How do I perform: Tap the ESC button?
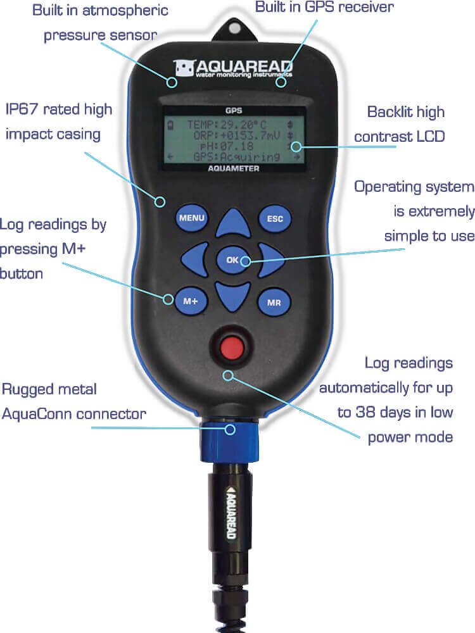pyautogui.click(x=275, y=218)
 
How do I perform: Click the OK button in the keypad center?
pyautogui.click(x=232, y=260)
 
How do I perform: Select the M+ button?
pyautogui.click(x=191, y=301)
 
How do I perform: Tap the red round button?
pyautogui.click(x=232, y=348)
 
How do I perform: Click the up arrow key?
pyautogui.click(x=233, y=223)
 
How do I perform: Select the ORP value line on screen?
pyautogui.click(x=236, y=135)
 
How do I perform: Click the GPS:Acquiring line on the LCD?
pyautogui.click(x=236, y=156)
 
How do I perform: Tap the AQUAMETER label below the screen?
pyautogui.click(x=234, y=168)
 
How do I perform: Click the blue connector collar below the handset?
pyautogui.click(x=229, y=440)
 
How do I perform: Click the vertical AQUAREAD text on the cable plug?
pyautogui.click(x=231, y=512)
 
